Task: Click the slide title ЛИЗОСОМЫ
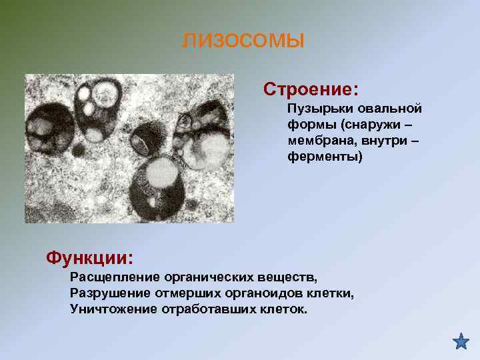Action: click(243, 41)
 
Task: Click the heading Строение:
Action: click(311, 89)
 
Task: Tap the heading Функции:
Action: click(89, 257)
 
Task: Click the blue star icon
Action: click(461, 341)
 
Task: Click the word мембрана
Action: click(316, 141)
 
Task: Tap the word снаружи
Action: click(374, 125)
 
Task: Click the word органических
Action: click(210, 277)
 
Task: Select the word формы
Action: click(307, 125)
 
